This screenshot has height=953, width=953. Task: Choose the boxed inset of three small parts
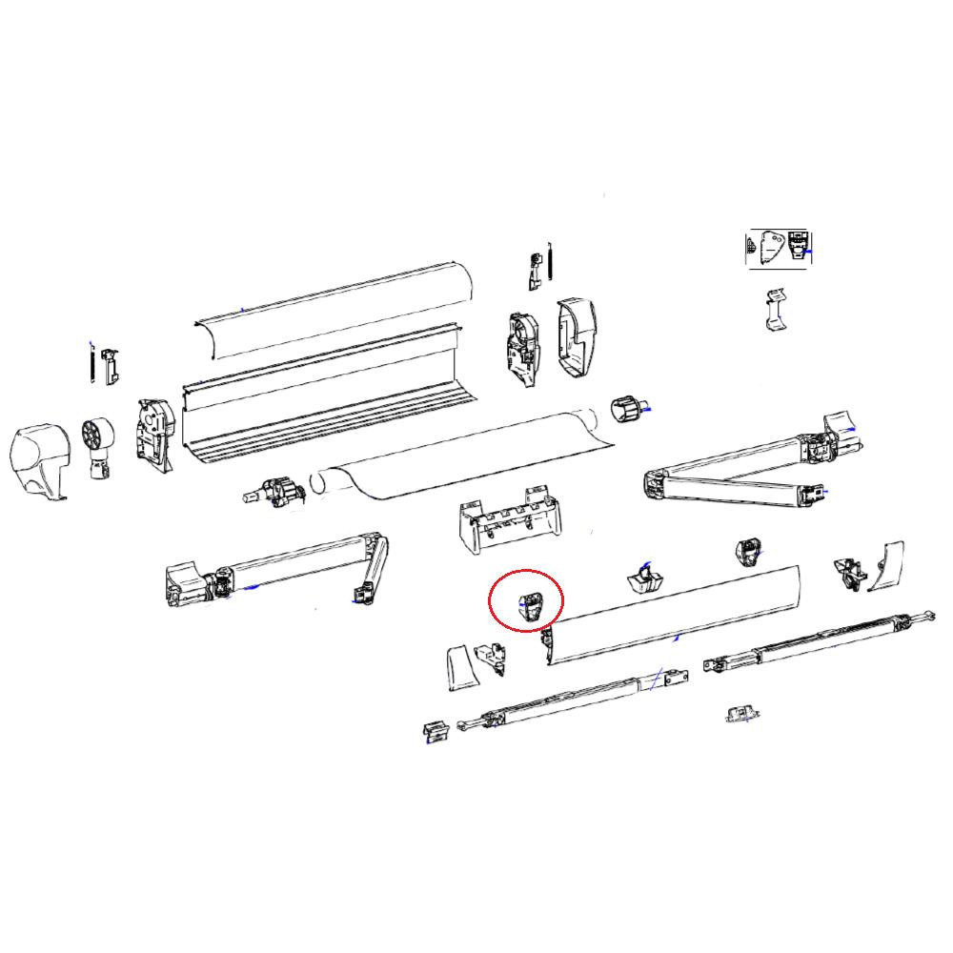(778, 248)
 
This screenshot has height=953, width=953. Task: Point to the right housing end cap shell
(577, 335)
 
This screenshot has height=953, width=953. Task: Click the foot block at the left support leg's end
(435, 731)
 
